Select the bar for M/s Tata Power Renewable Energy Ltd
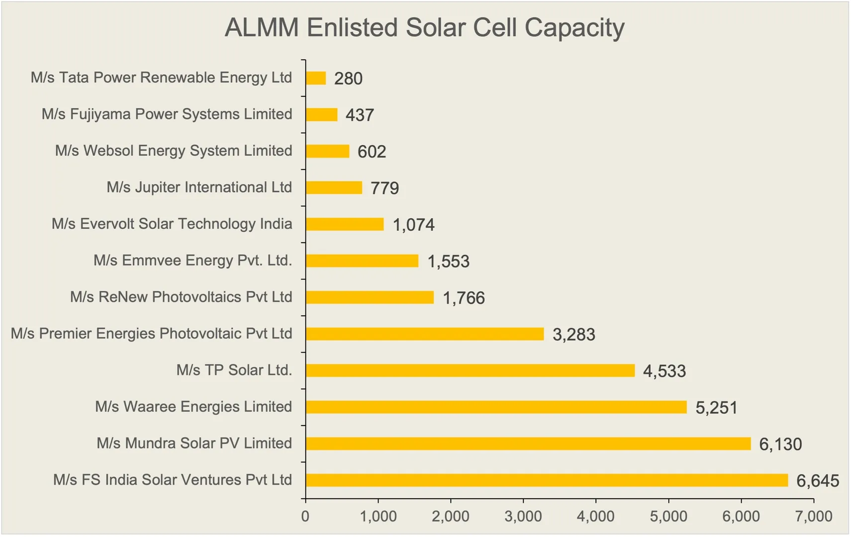pos(316,78)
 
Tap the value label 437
pos(360,115)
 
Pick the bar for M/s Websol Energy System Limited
pos(327,151)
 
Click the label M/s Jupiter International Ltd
pos(199,187)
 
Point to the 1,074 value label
pos(413,225)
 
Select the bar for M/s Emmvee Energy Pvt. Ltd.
pos(362,261)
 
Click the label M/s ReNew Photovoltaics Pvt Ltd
pos(181,297)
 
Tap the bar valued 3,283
pos(425,334)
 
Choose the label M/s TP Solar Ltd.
pos(234,370)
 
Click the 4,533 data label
pos(664,371)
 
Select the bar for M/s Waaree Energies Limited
pos(496,407)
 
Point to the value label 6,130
pos(780,444)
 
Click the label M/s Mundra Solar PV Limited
pos(194,443)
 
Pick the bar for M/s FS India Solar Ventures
pos(547,480)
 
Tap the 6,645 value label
pos(817,481)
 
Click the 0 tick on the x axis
pos(305,516)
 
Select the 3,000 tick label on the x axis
pos(523,516)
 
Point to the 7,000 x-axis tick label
pos(814,516)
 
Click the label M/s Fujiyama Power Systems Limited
pos(167,114)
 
